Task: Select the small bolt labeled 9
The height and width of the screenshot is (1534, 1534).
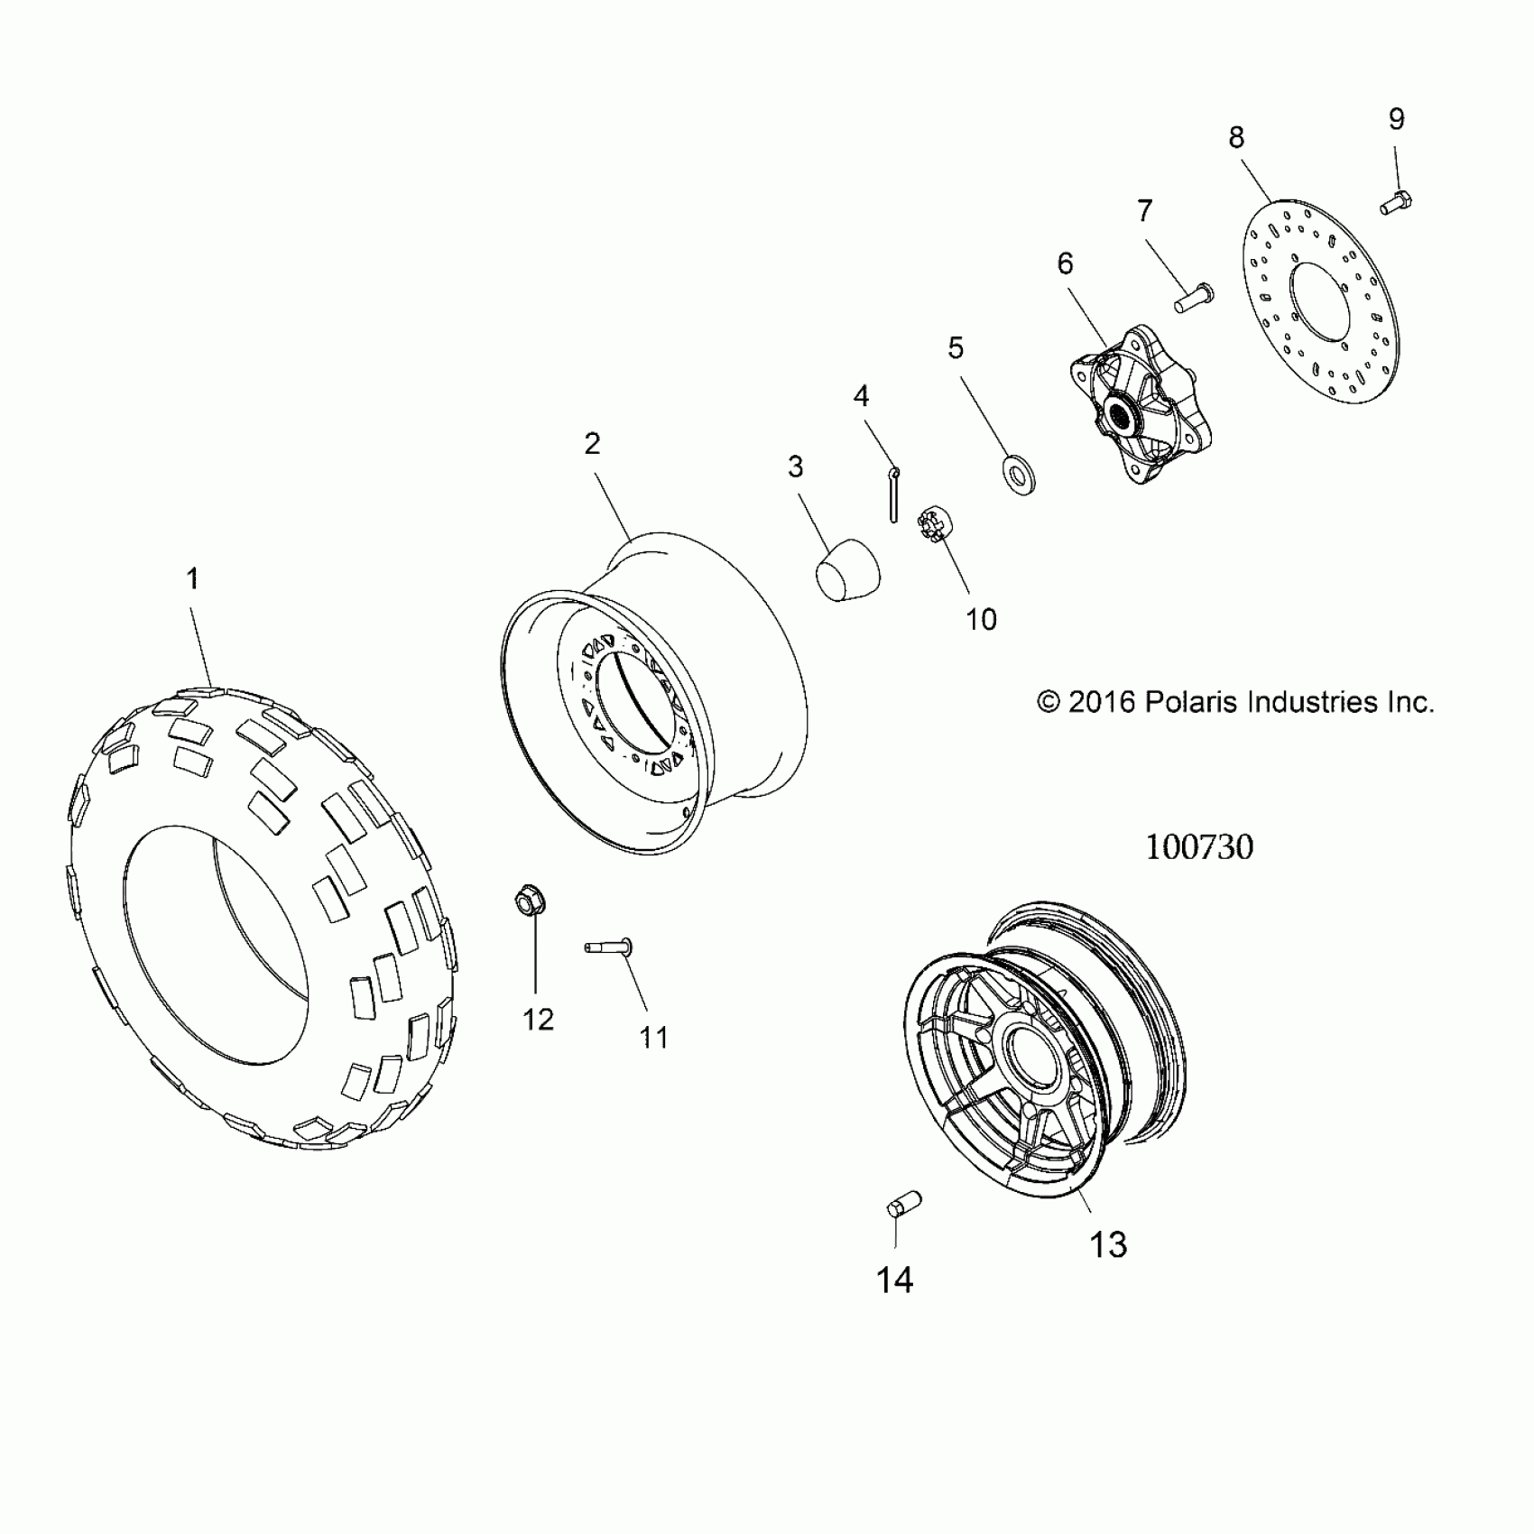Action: point(1396,203)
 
